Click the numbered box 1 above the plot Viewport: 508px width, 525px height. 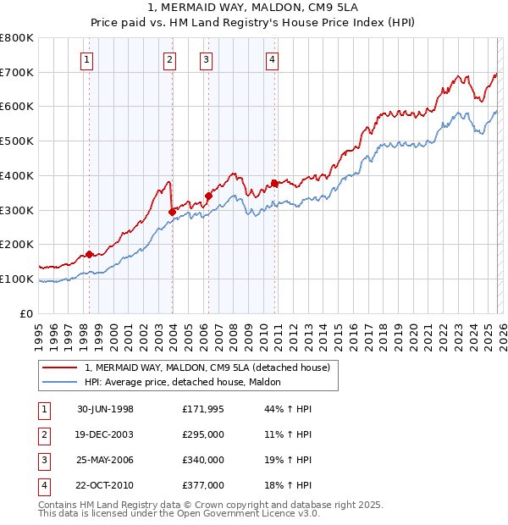coord(89,59)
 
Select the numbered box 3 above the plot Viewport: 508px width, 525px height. coord(206,59)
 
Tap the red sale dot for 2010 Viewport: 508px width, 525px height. coord(274,183)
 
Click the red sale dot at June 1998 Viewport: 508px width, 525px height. coord(90,254)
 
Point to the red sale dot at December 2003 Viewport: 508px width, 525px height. coord(172,212)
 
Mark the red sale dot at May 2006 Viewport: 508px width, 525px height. coord(208,196)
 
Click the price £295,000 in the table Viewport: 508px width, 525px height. coord(202,435)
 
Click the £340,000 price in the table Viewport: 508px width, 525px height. coord(202,461)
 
